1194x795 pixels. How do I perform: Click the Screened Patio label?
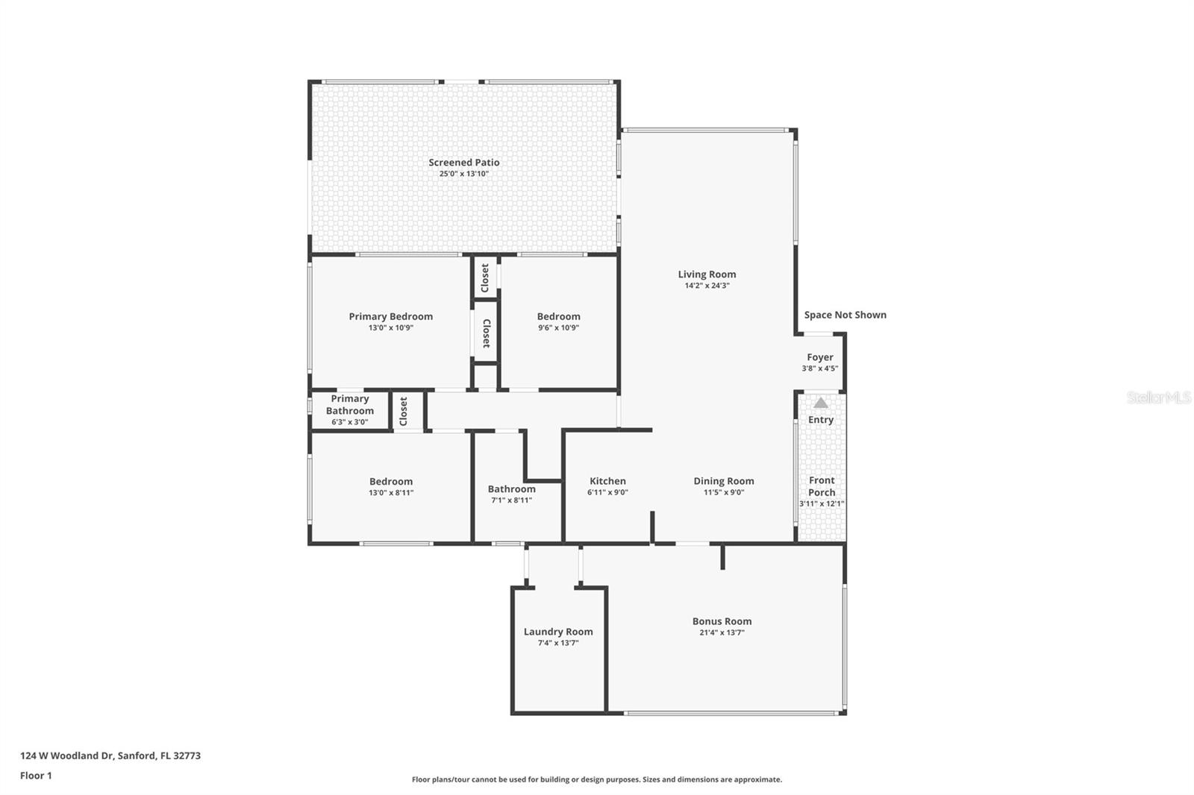coord(463,163)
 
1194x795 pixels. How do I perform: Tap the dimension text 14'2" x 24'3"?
coord(707,286)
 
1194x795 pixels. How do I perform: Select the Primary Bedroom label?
coord(390,316)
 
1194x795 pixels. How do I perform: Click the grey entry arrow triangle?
coord(821,403)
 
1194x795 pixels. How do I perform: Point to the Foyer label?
coord(819,357)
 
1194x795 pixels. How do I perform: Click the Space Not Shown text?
coord(845,315)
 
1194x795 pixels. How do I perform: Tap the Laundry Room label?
coord(558,632)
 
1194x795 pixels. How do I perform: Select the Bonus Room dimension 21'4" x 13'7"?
coord(722,632)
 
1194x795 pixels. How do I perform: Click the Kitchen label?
coord(607,481)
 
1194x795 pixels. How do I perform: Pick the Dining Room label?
coord(723,481)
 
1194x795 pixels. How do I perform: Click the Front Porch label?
coord(822,486)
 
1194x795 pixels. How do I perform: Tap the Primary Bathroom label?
coord(349,405)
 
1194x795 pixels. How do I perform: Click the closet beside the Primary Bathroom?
coord(404,411)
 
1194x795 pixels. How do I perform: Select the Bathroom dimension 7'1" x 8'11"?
coord(511,500)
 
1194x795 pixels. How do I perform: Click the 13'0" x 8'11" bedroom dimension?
coord(390,492)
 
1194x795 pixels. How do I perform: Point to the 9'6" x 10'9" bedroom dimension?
coord(558,327)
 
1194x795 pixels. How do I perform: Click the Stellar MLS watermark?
coord(1158,398)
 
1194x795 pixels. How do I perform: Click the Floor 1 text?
coord(36,776)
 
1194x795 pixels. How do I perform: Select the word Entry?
coord(820,420)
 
